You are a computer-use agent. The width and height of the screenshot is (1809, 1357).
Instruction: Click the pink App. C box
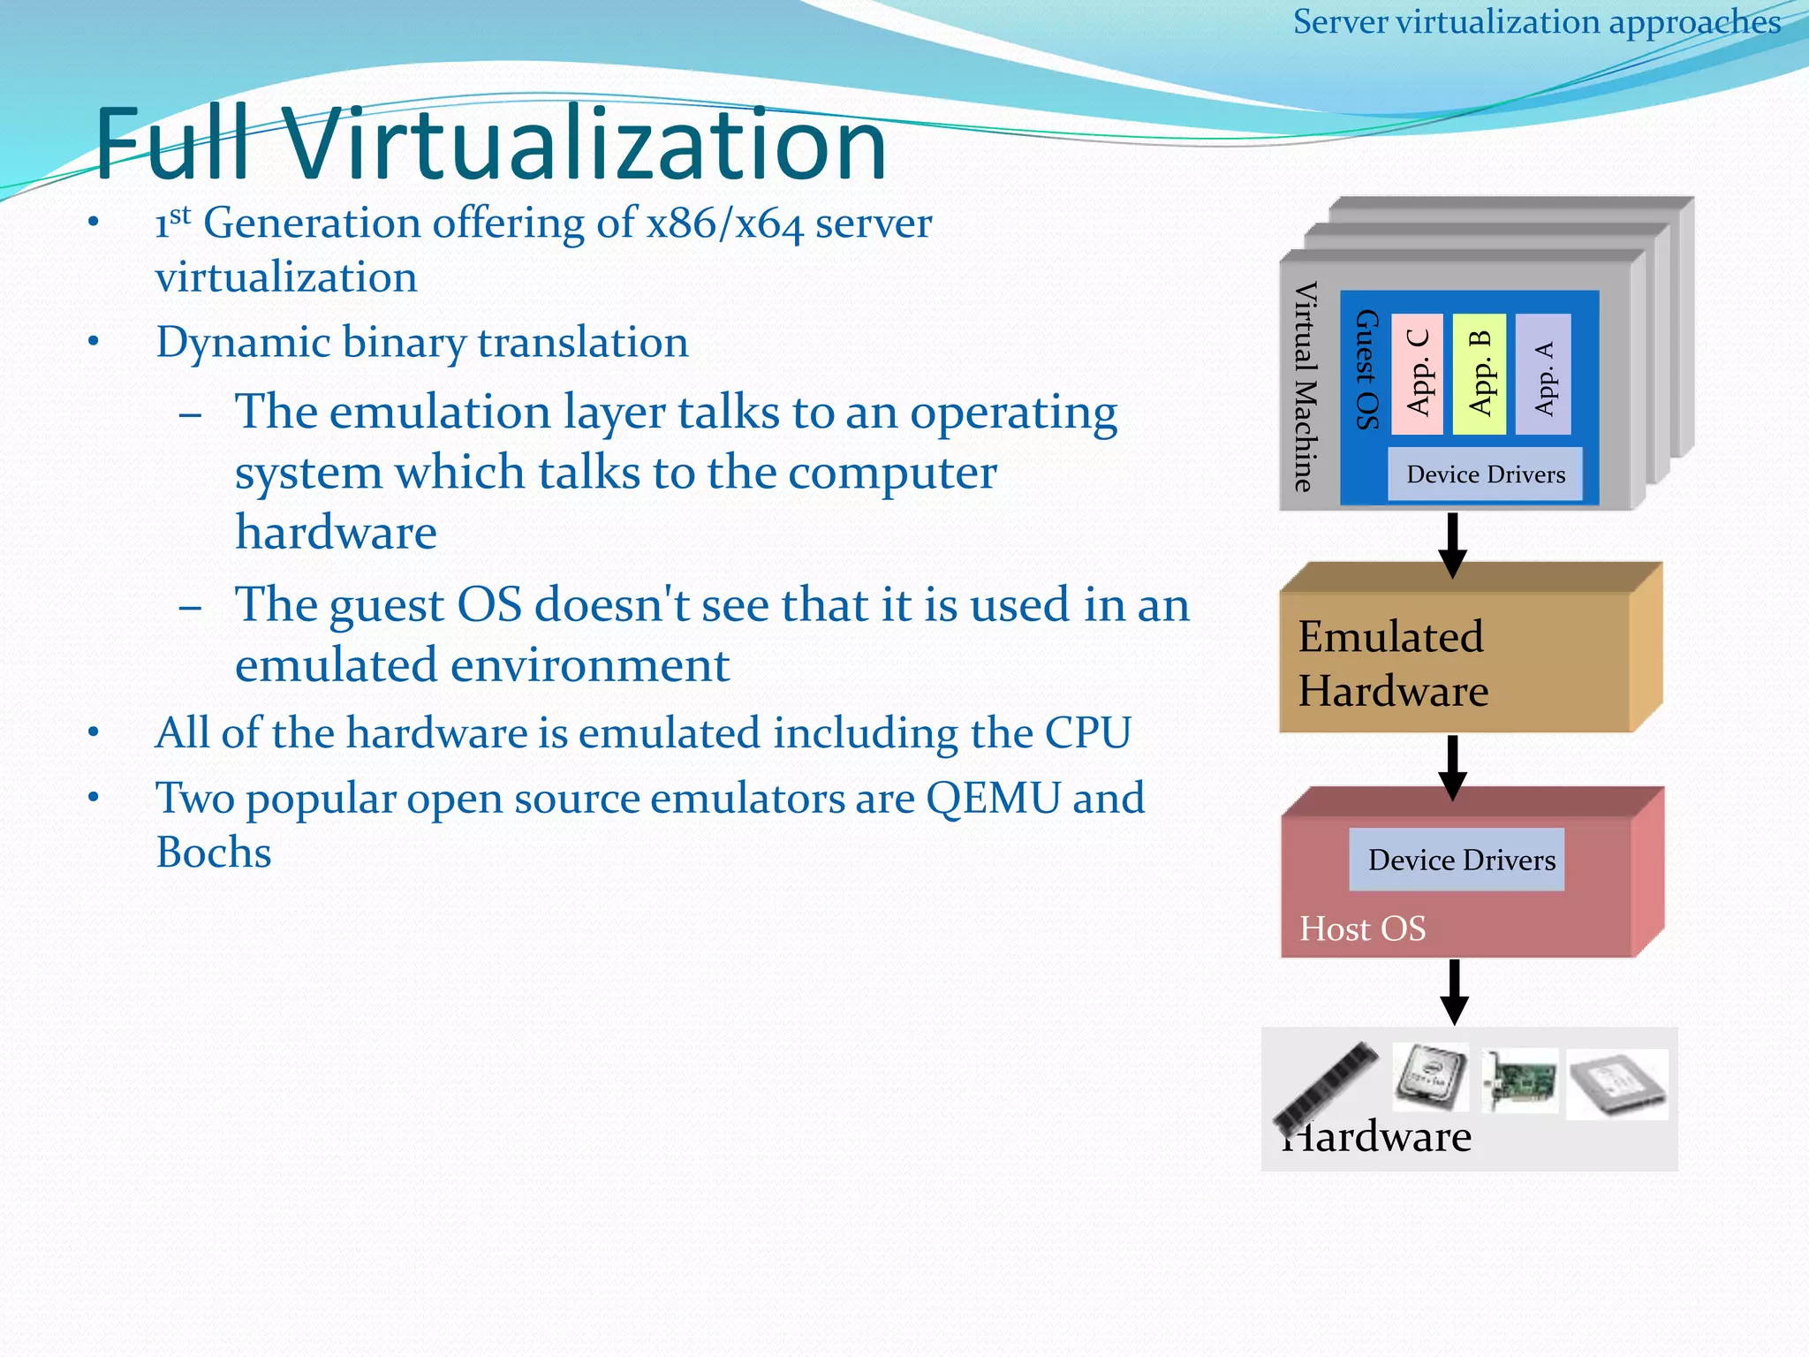[x=1417, y=374]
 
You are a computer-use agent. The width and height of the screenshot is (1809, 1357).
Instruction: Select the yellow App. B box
[x=1479, y=374]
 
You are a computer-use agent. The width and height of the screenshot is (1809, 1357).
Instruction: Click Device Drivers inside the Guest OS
[x=1485, y=474]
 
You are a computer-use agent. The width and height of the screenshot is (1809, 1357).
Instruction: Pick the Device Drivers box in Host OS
[x=1457, y=860]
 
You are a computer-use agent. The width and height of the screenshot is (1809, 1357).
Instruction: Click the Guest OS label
[x=1366, y=370]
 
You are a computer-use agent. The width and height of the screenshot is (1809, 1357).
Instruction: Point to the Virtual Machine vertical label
[x=1305, y=386]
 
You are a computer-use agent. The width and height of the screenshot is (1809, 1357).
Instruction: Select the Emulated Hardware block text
[x=1392, y=663]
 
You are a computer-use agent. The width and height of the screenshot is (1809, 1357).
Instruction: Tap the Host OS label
[x=1362, y=929]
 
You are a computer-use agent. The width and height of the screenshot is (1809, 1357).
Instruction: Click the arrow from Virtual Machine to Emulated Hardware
[x=1452, y=544]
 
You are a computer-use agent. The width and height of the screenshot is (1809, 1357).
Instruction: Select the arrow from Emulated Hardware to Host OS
[x=1452, y=767]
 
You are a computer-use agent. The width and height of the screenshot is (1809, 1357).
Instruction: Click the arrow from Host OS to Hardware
[x=1454, y=991]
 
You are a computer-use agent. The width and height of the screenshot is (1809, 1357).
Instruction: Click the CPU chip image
[x=1430, y=1076]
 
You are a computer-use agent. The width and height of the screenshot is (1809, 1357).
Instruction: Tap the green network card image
[x=1519, y=1080]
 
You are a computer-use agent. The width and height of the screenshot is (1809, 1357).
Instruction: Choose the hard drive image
[x=1616, y=1084]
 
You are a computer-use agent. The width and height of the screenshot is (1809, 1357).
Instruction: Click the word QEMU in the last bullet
[x=993, y=799]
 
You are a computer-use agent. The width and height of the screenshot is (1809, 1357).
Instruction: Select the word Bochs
[x=214, y=853]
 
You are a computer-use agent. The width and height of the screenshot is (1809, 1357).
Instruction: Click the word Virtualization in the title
[x=583, y=144]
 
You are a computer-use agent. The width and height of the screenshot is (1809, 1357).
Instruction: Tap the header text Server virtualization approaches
[x=1536, y=21]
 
